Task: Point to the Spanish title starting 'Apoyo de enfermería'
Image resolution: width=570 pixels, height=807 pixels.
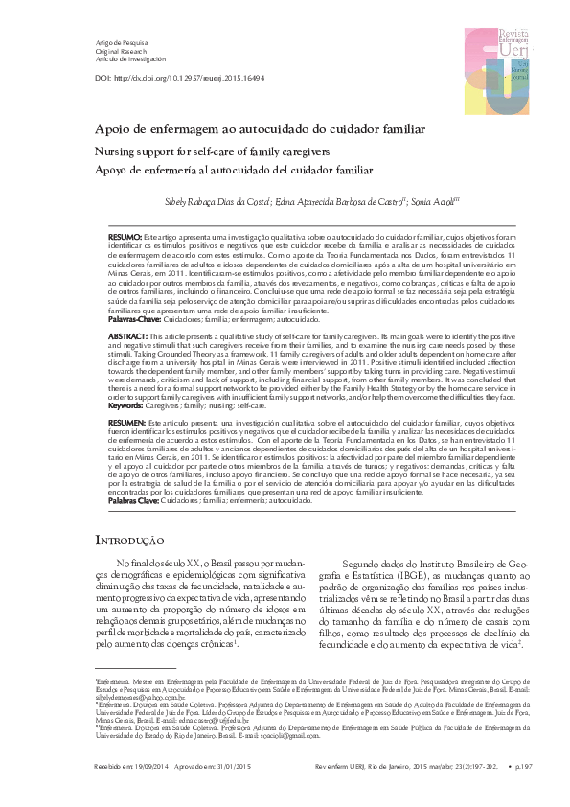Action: [219, 171]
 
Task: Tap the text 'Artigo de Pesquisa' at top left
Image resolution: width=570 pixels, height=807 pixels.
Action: [124, 44]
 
